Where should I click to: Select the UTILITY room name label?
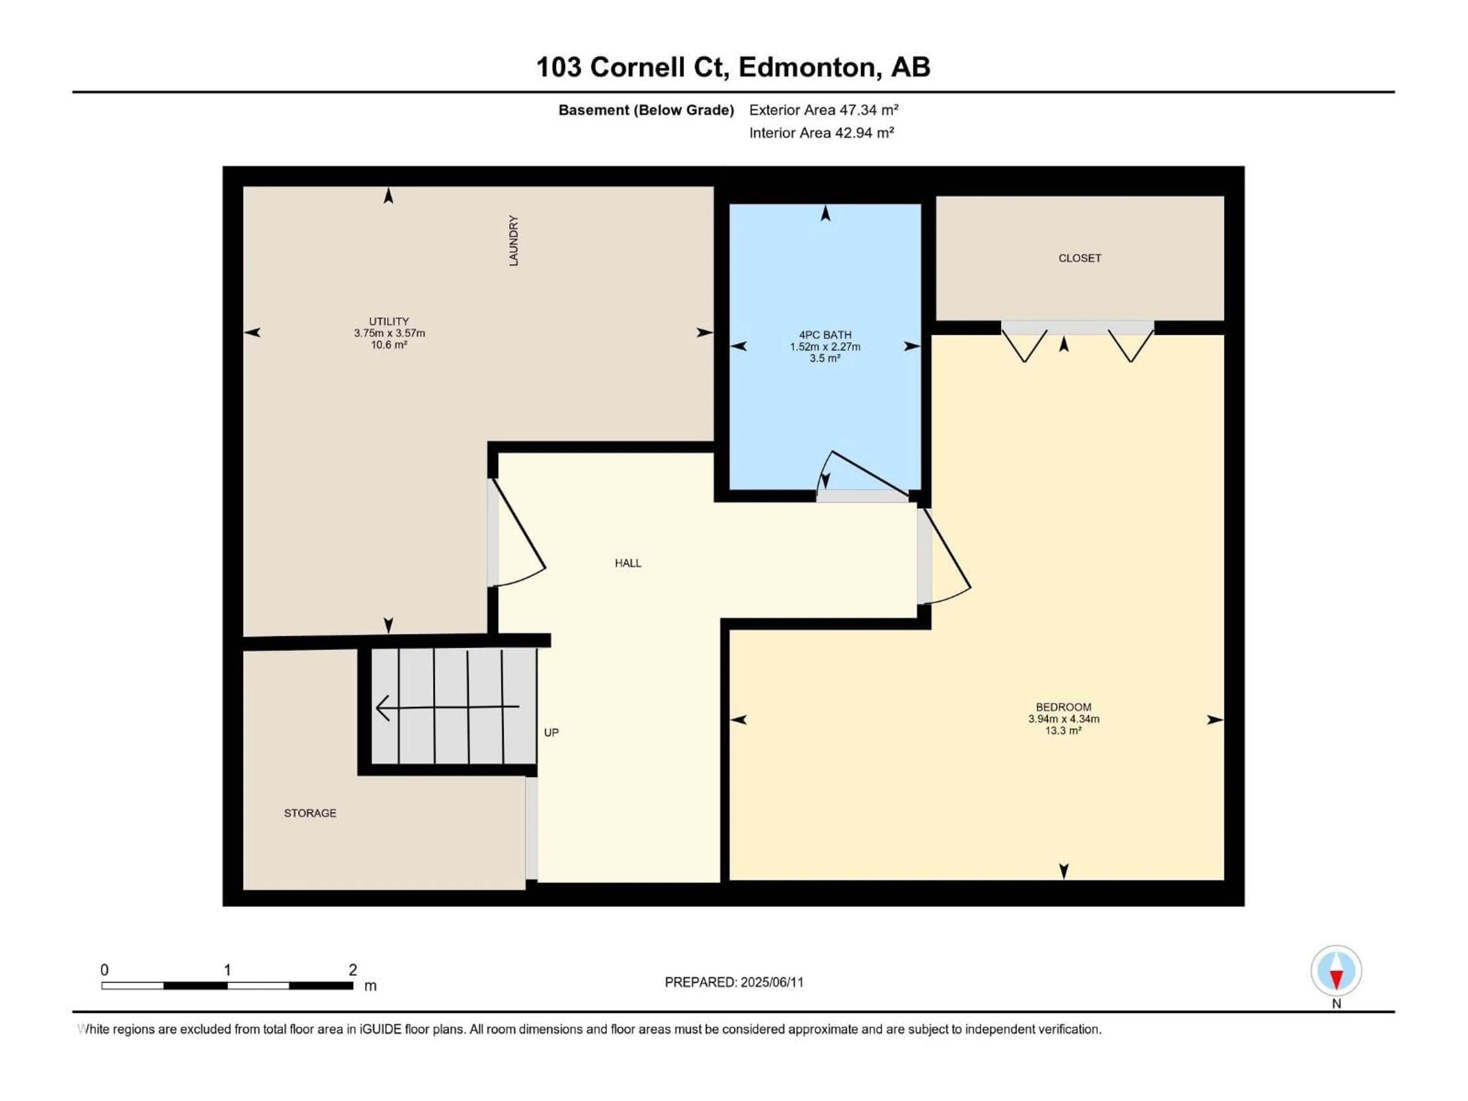(x=389, y=321)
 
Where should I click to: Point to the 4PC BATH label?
(x=825, y=335)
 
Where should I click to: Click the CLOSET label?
(x=1080, y=258)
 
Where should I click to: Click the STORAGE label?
(x=310, y=813)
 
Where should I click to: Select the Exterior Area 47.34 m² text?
(x=823, y=110)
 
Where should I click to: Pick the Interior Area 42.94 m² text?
(x=822, y=133)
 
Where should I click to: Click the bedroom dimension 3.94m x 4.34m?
(x=1063, y=719)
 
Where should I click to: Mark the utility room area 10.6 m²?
(x=389, y=344)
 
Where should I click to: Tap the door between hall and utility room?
(x=517, y=533)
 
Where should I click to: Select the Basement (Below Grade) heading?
(x=646, y=110)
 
